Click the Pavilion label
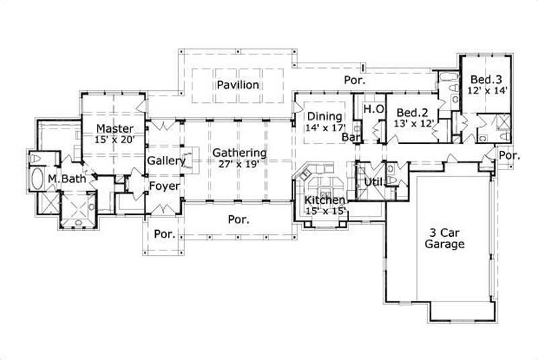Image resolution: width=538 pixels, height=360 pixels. pyautogui.click(x=238, y=85)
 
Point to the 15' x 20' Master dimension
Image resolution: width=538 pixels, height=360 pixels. pyautogui.click(x=114, y=139)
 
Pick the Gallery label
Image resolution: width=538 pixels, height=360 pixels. pyautogui.click(x=166, y=161)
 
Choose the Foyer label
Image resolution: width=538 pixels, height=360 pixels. pyautogui.click(x=163, y=185)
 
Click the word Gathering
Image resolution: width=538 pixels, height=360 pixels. pyautogui.click(x=239, y=153)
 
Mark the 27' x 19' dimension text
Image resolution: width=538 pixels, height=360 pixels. pyautogui.click(x=239, y=163)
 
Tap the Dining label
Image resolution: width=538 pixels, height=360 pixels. pyautogui.click(x=325, y=116)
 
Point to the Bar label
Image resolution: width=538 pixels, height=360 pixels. pyautogui.click(x=350, y=137)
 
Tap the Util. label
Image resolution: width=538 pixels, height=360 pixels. pyautogui.click(x=373, y=182)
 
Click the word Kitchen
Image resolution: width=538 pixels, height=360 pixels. pyautogui.click(x=325, y=201)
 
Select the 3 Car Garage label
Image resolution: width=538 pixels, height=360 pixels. pyautogui.click(x=444, y=239)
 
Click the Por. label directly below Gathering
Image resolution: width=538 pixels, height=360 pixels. pyautogui.click(x=239, y=219)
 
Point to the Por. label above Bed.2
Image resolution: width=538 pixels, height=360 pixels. pyautogui.click(x=354, y=80)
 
